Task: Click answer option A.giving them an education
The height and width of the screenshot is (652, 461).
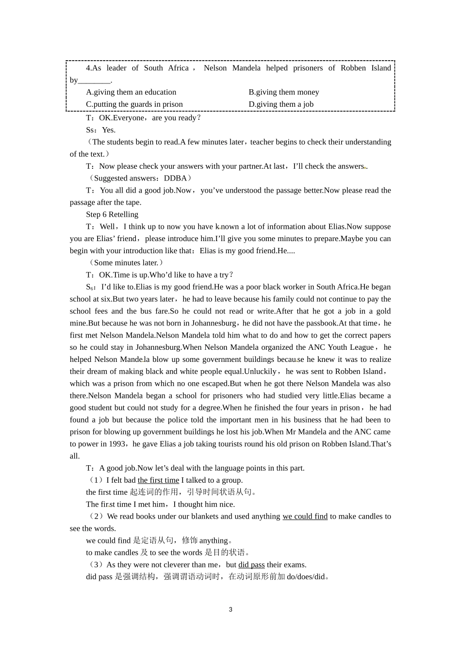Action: [131, 92]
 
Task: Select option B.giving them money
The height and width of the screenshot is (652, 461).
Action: [284, 92]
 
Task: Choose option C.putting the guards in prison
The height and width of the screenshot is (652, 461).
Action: [134, 104]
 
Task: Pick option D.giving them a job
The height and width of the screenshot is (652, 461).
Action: [281, 104]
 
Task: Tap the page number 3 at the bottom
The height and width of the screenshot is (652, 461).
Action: [230, 610]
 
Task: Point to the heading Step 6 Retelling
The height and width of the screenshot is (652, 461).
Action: [112, 214]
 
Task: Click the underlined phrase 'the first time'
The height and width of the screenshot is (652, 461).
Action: [158, 480]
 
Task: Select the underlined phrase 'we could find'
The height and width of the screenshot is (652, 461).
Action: [305, 517]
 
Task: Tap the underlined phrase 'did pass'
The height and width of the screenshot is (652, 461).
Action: [251, 565]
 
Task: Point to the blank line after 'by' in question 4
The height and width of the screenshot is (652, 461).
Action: [94, 80]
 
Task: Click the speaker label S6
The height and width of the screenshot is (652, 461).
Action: [90, 287]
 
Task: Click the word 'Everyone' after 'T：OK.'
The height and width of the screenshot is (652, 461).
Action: [129, 118]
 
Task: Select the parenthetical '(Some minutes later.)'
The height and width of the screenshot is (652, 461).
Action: [126, 263]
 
